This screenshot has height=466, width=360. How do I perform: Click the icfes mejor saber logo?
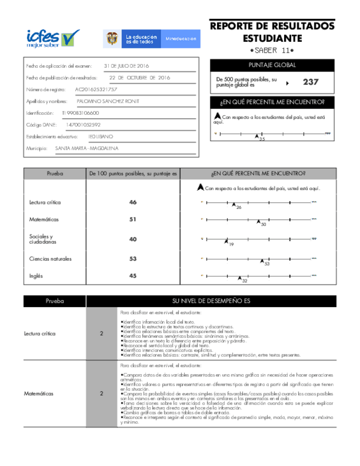[53, 38]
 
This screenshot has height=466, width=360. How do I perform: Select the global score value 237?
[311, 82]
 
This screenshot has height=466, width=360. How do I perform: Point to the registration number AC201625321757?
[96, 89]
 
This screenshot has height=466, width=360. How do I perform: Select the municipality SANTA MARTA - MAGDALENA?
[86, 148]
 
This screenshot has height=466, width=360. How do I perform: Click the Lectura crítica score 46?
[133, 203]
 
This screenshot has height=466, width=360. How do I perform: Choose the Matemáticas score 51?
[133, 219]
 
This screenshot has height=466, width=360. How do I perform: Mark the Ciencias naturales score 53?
[133, 258]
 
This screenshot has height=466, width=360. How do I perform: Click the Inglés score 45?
[133, 276]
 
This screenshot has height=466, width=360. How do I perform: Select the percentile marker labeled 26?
[234, 204]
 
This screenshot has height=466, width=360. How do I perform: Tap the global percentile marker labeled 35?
[257, 136]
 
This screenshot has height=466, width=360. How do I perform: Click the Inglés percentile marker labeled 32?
[240, 278]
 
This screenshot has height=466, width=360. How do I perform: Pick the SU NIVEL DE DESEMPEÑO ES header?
[212, 301]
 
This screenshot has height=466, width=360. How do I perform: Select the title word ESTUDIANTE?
[272, 38]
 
